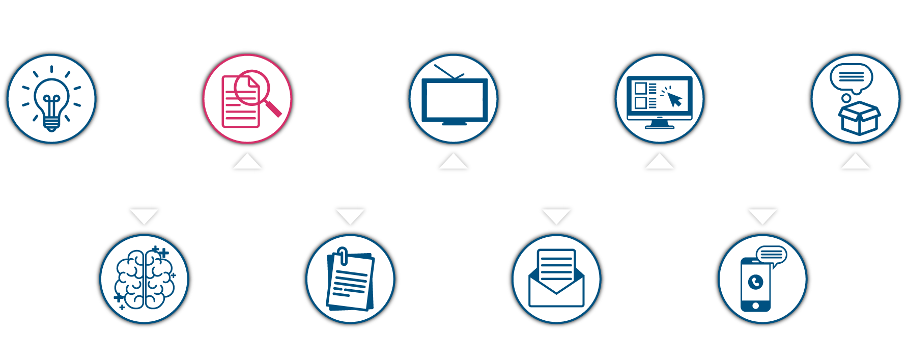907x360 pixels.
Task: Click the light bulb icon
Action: tap(51, 99)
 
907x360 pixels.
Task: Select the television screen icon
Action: tap(455, 100)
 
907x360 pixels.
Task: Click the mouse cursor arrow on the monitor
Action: tap(675, 100)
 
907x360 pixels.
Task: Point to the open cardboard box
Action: tap(859, 118)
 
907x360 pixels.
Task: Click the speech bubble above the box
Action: tap(852, 77)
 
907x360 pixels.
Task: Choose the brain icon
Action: tap(145, 279)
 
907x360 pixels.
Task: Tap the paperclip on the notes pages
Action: tap(343, 256)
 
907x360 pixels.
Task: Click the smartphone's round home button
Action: tap(755, 306)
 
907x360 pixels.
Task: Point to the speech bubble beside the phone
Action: tap(772, 255)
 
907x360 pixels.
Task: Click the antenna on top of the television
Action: tap(448, 72)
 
